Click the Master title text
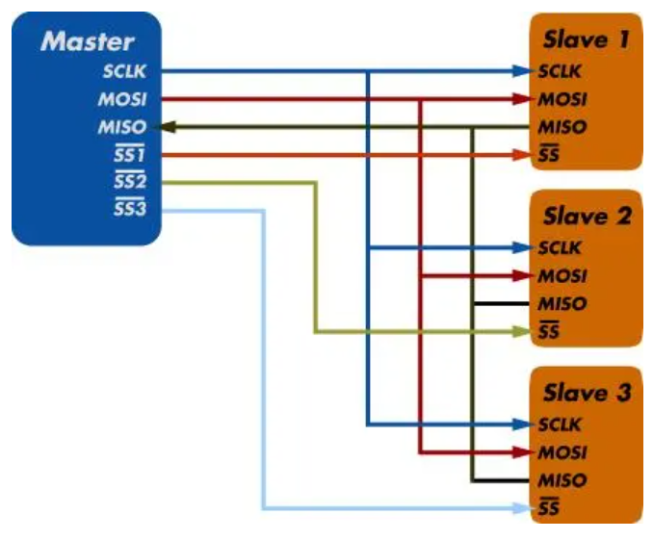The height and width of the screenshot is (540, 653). (87, 41)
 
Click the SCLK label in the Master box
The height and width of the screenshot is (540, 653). (125, 71)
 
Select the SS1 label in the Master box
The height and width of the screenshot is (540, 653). (129, 155)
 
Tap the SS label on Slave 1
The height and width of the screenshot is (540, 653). (549, 155)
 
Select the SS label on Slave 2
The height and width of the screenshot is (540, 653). (549, 332)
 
